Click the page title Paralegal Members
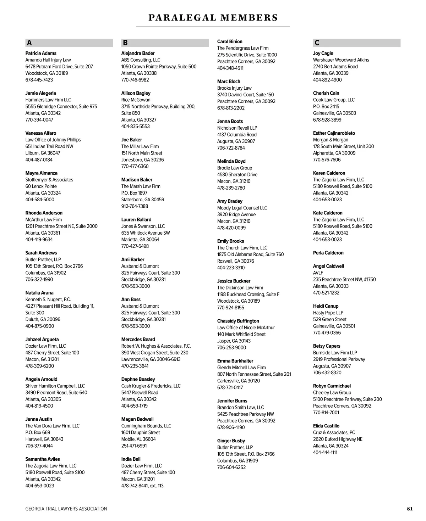point(213,18)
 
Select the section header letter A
point(29,43)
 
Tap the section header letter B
point(125,43)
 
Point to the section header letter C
point(317,43)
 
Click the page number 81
point(410,509)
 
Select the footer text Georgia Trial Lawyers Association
point(66,509)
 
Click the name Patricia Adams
point(41,53)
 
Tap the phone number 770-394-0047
point(39,120)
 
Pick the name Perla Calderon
point(328,253)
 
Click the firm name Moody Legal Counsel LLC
point(242,208)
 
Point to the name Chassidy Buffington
point(238,321)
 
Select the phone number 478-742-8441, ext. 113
point(142,486)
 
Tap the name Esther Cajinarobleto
point(334,133)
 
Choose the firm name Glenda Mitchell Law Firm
point(241,368)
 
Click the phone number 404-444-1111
point(325,452)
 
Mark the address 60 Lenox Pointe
point(41,186)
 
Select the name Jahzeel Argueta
point(42,339)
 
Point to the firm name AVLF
point(318,273)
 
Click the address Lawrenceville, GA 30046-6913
point(151,359)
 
